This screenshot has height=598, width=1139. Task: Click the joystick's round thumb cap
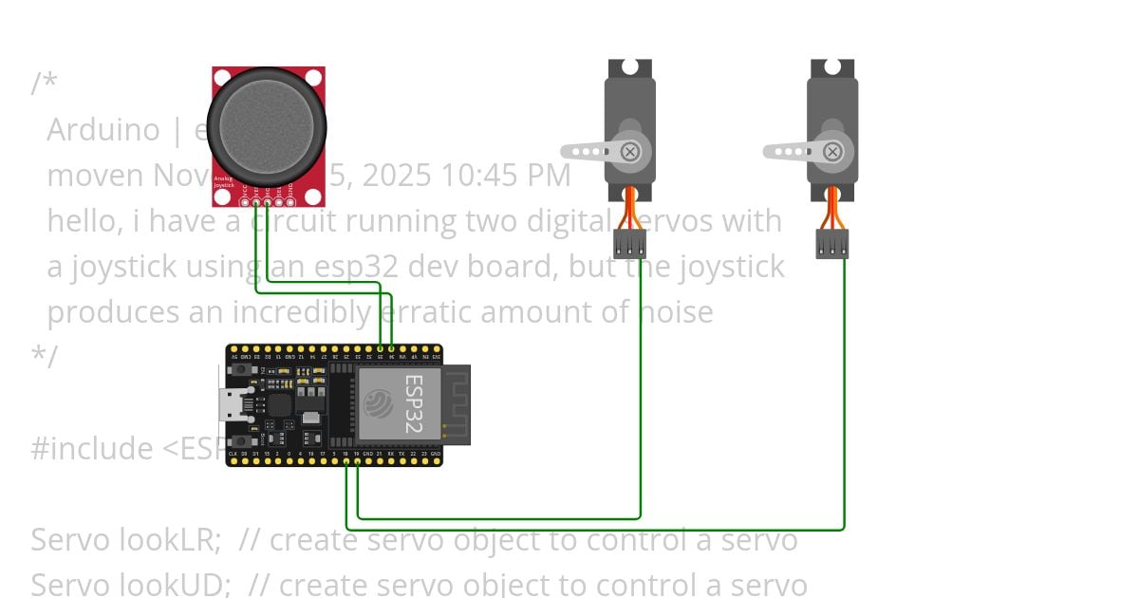click(267, 126)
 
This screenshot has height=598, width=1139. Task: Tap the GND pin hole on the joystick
click(289, 200)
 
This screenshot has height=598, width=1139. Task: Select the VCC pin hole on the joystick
click(245, 200)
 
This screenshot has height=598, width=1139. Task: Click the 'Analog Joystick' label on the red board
click(223, 181)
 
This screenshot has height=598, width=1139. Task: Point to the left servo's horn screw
click(630, 151)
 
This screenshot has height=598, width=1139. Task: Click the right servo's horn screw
click(832, 151)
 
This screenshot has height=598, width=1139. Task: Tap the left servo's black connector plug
click(629, 244)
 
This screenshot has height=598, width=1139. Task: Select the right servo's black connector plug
click(831, 244)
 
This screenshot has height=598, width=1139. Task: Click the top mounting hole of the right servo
click(832, 67)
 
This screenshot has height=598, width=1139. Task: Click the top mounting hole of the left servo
click(630, 67)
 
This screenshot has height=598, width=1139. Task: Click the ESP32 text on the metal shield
click(414, 403)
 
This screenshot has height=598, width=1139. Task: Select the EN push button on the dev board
click(242, 369)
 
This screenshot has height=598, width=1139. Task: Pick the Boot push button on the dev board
click(242, 441)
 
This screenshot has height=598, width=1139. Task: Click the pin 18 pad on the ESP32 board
click(345, 462)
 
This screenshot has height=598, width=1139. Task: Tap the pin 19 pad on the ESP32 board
click(357, 462)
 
